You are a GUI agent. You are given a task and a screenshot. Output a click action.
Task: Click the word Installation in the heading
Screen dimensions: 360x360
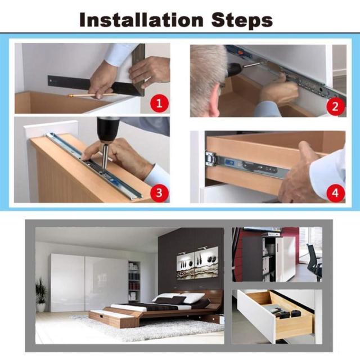pyautogui.click(x=141, y=20)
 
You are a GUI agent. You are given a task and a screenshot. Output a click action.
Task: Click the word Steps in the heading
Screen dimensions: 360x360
pyautogui.click(x=242, y=20)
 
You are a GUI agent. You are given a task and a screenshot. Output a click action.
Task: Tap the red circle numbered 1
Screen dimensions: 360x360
pyautogui.click(x=159, y=103)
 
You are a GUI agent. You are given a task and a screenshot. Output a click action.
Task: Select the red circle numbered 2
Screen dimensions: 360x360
pyautogui.click(x=335, y=106)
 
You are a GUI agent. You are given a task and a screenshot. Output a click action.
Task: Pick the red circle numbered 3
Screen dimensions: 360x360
pyautogui.click(x=159, y=193)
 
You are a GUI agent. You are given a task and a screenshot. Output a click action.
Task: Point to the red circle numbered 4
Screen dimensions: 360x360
pyautogui.click(x=335, y=193)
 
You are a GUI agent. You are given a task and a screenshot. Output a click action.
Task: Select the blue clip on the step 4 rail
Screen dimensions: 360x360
pyautogui.click(x=230, y=163)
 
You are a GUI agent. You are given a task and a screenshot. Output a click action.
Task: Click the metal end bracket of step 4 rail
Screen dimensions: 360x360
pyautogui.click(x=211, y=158)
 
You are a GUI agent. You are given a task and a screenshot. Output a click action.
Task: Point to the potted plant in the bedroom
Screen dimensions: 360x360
pyautogui.click(x=41, y=295)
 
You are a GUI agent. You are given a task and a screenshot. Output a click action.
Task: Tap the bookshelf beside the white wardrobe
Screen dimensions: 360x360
pyautogui.click(x=134, y=281)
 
